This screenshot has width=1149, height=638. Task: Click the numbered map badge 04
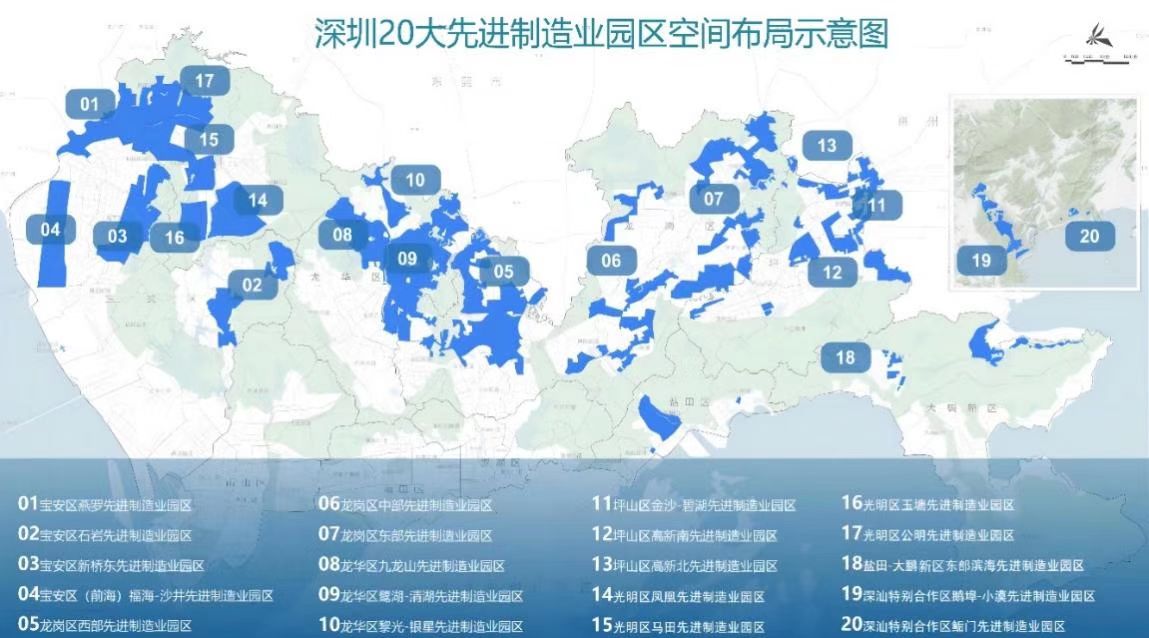50,229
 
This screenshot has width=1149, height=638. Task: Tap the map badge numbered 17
204,81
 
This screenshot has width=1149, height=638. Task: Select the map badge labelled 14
257,200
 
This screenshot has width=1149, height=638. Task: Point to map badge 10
415,180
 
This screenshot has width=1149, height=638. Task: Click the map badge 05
503,270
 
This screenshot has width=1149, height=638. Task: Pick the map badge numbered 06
611,261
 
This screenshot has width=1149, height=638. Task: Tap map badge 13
826,145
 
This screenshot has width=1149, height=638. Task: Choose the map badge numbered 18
846,357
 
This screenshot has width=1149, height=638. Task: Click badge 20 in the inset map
1089,236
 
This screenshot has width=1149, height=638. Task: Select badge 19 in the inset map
981,260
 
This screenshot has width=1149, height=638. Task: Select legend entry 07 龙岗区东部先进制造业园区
405,535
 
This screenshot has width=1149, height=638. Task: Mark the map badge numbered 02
251,285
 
